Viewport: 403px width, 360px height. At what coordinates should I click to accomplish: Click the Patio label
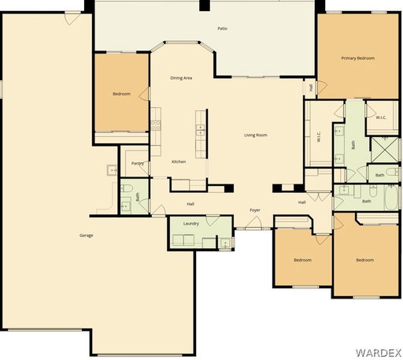222,28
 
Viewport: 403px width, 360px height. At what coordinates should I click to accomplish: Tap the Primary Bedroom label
357,58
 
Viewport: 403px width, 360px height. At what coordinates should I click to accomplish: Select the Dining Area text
181,78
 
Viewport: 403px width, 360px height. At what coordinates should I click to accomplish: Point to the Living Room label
256,135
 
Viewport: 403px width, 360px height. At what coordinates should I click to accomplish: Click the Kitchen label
179,161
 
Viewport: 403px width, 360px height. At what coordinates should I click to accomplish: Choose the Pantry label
138,163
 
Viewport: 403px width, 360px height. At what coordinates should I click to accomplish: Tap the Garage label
87,236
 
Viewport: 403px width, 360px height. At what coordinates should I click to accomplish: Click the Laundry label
191,224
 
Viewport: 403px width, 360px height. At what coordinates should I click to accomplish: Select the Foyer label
255,210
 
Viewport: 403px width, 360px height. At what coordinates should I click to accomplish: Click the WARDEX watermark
378,352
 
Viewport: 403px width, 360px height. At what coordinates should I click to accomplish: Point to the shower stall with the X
384,149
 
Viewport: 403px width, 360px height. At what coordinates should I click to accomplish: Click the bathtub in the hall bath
392,197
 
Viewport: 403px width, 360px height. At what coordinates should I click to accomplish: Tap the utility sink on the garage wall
112,170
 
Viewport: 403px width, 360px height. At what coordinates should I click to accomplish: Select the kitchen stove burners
155,125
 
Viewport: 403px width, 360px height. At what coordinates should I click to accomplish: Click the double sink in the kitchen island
201,130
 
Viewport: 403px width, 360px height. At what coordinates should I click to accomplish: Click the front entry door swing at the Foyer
253,223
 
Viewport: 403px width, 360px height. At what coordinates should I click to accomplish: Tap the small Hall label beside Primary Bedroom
311,87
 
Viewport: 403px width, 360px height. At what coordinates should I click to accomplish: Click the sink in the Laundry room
225,243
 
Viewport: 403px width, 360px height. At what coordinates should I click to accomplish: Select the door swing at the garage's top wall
72,19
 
